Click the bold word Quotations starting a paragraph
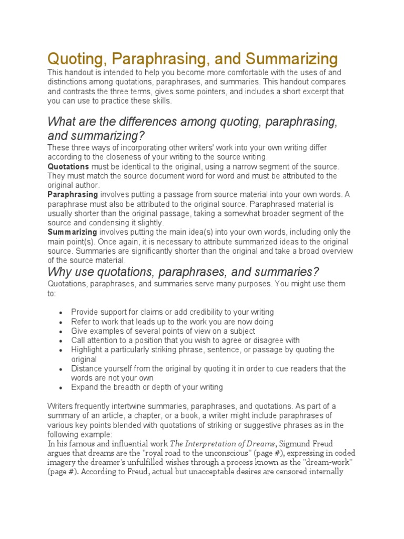click(x=68, y=166)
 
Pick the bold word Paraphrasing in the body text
click(x=73, y=195)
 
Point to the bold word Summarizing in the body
click(x=72, y=232)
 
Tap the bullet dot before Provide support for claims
click(x=61, y=313)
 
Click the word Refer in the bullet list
click(x=80, y=322)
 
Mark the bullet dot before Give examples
click(x=61, y=332)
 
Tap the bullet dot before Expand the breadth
click(x=61, y=388)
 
